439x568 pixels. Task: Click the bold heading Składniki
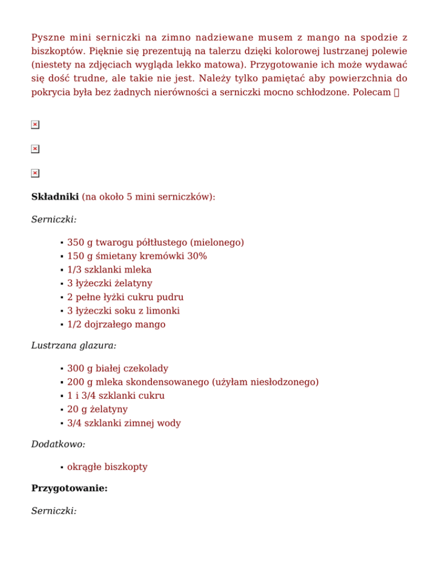[x=55, y=197]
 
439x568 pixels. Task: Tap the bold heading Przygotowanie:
[x=69, y=489]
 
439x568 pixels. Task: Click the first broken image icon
[x=35, y=125]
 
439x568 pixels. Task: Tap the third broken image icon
[x=35, y=173]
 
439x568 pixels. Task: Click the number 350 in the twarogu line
[x=75, y=242]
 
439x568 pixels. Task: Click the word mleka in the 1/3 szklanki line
[x=139, y=270]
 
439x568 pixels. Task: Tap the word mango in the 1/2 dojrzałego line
[x=150, y=325]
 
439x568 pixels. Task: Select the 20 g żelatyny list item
[x=97, y=410]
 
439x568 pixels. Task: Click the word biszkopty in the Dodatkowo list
[x=127, y=467]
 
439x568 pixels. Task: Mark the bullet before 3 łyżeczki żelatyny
[x=61, y=284]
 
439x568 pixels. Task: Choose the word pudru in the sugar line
[x=171, y=297]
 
